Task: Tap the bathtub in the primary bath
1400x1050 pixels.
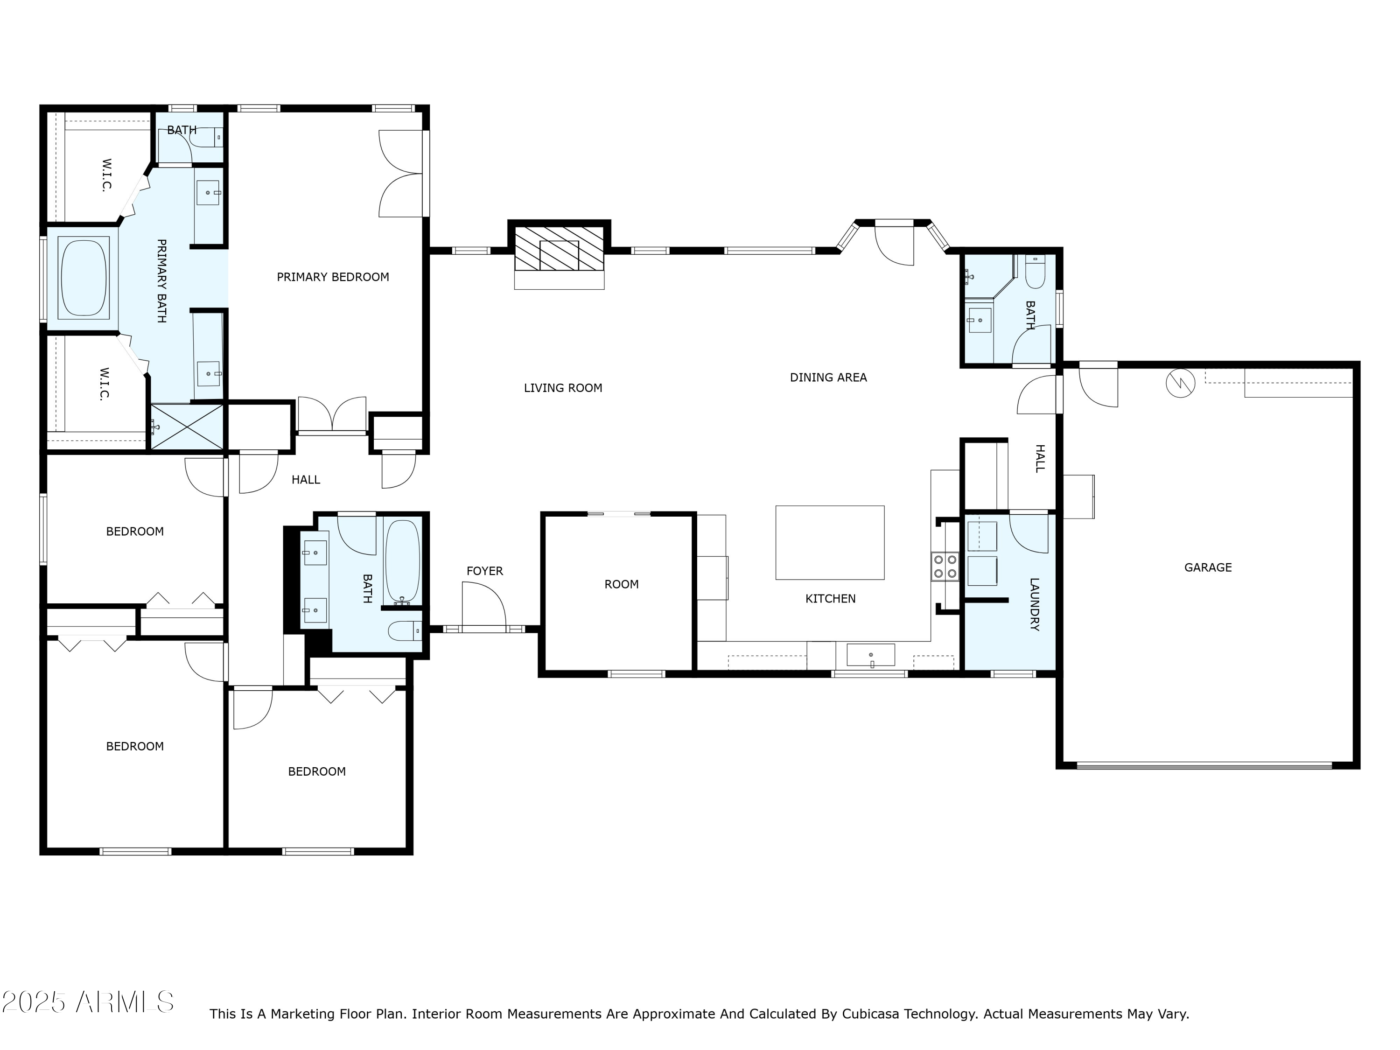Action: click(x=83, y=278)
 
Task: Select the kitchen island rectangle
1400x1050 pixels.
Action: click(x=830, y=542)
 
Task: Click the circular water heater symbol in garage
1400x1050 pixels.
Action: click(x=1180, y=384)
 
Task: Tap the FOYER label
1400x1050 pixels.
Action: click(x=484, y=571)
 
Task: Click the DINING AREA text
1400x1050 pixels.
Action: click(x=828, y=377)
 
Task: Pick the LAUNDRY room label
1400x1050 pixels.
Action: click(x=1034, y=604)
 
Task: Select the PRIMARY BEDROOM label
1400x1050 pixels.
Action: click(x=333, y=277)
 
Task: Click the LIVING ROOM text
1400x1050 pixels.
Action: click(x=563, y=388)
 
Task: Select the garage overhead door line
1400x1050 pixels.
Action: click(x=1204, y=766)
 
